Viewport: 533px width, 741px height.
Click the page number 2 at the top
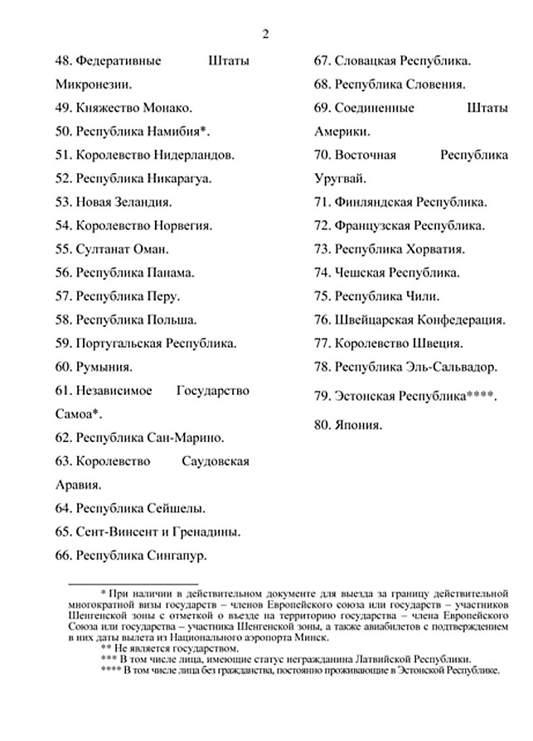pyautogui.click(x=266, y=34)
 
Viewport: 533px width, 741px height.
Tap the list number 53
pyautogui.click(x=63, y=201)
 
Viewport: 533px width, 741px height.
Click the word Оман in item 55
pyautogui.click(x=150, y=248)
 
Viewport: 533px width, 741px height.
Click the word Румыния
pyautogui.click(x=104, y=367)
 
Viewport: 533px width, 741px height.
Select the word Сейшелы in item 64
pyautogui.click(x=174, y=508)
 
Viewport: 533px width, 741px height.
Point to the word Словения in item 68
pyautogui.click(x=436, y=84)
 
